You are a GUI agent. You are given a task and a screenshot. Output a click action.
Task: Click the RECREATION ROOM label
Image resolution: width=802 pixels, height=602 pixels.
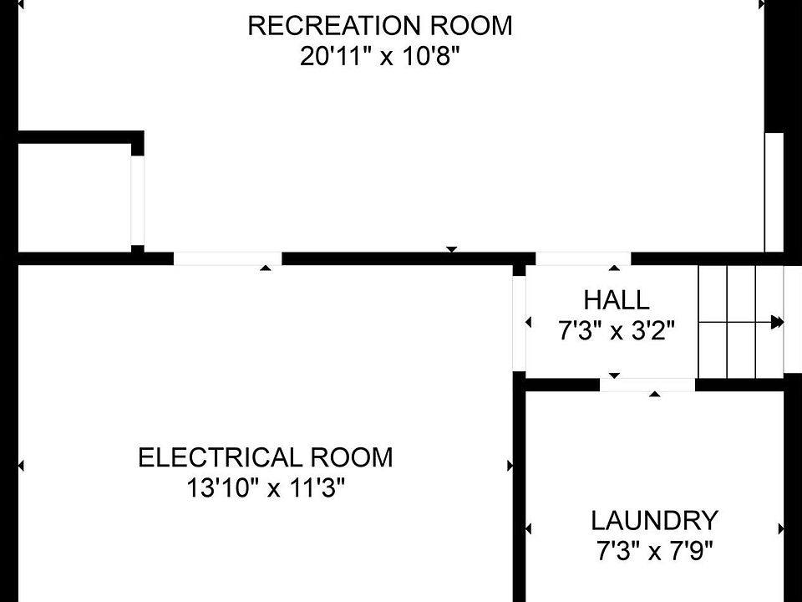[380, 26]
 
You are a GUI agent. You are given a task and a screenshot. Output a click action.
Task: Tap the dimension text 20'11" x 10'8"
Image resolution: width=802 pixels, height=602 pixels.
[380, 59]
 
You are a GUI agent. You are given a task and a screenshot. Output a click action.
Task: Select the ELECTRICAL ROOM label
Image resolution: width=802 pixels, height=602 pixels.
[265, 457]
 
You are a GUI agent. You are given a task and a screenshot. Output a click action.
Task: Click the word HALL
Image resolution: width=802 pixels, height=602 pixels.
[616, 299]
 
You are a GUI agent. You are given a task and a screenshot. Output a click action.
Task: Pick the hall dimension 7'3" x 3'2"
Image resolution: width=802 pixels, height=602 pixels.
[616, 331]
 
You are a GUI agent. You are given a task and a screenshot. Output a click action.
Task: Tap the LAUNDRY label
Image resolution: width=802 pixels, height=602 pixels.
[654, 521]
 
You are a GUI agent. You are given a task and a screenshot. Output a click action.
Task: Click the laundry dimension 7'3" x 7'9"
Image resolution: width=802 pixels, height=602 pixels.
[654, 552]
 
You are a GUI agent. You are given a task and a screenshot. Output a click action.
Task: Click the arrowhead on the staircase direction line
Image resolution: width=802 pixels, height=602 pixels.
[778, 322]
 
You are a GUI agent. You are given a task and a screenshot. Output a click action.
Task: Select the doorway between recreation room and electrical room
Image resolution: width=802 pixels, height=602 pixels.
[227, 258]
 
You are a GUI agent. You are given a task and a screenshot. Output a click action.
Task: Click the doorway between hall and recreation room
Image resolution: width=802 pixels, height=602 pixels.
[583, 258]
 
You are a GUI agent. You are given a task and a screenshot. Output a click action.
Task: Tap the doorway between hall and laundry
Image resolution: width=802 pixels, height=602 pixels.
[647, 385]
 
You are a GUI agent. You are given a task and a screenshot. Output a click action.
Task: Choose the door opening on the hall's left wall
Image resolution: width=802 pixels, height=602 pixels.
[519, 323]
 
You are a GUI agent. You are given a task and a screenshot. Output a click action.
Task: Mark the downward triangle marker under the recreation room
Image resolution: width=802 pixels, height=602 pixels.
[452, 249]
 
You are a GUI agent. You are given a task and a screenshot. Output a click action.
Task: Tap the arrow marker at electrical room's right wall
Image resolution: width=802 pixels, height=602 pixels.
[510, 466]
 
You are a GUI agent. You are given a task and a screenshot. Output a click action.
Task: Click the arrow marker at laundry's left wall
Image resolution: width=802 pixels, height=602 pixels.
[528, 528]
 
